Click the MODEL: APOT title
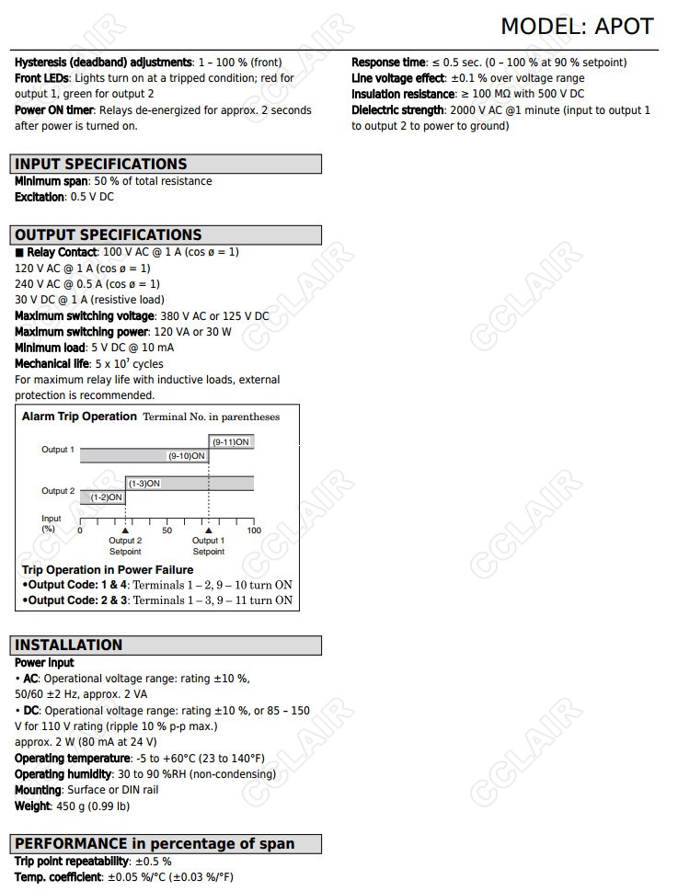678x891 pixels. click(x=577, y=27)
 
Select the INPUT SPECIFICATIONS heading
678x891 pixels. click(x=100, y=165)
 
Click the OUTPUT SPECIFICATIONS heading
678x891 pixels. click(x=108, y=234)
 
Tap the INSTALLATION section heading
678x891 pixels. click(x=68, y=645)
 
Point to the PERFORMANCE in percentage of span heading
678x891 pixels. click(x=155, y=843)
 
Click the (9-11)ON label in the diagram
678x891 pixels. click(x=231, y=442)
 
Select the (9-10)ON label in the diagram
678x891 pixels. click(x=186, y=456)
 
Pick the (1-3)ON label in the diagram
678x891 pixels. click(x=144, y=484)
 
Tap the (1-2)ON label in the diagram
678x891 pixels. click(x=106, y=497)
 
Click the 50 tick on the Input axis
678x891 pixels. click(x=167, y=530)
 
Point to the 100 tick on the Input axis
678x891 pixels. click(x=254, y=530)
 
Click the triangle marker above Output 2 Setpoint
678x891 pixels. click(x=125, y=530)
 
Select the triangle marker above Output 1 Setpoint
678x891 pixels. click(x=209, y=530)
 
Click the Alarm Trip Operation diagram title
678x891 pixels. click(x=79, y=417)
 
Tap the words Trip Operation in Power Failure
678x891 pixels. click(x=108, y=570)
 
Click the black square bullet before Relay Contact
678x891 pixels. click(x=19, y=252)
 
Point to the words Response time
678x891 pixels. click(x=388, y=63)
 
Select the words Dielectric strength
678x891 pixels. click(x=397, y=110)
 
